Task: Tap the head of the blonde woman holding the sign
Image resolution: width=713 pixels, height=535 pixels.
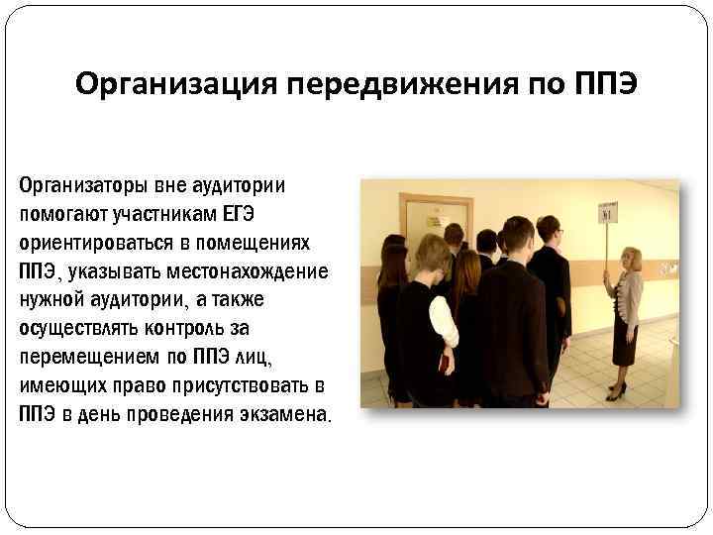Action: pos(631,259)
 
